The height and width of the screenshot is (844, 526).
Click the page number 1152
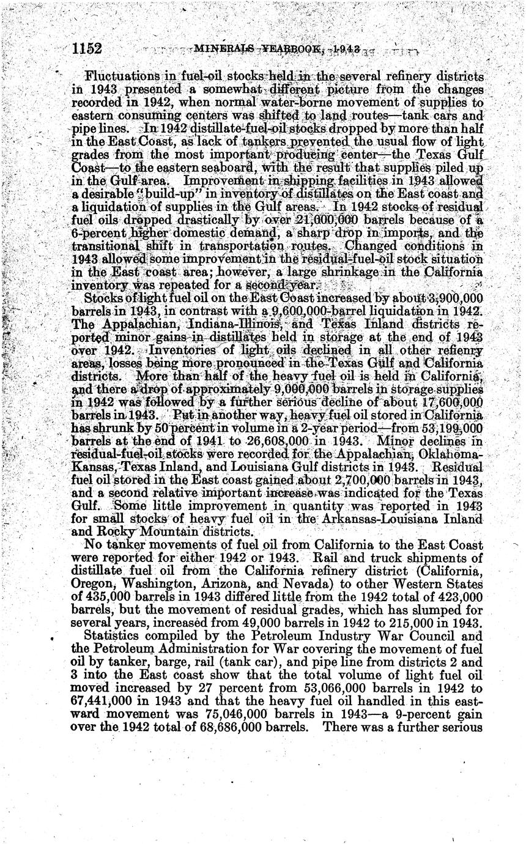pos(86,49)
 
